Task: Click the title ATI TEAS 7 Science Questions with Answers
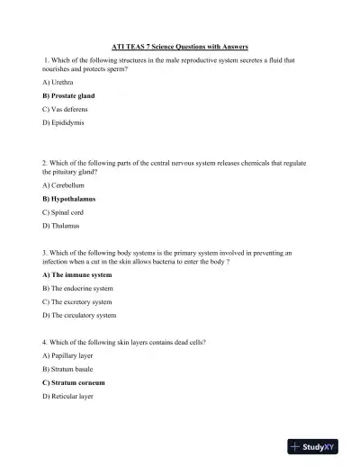[x=180, y=47]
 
